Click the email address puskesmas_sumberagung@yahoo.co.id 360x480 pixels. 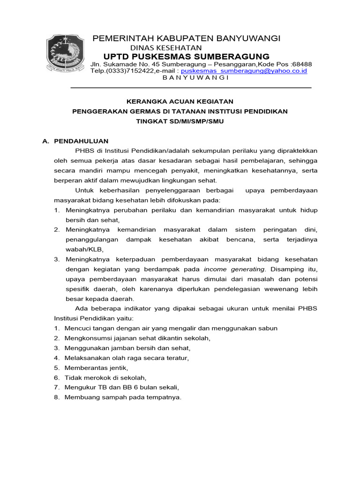coord(244,71)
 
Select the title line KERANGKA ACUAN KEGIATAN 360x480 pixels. coord(180,101)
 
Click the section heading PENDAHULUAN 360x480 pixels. coord(82,141)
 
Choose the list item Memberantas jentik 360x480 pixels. coord(96,368)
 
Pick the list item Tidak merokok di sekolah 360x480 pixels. coord(106,378)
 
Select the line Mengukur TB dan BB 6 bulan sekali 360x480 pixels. coord(122,388)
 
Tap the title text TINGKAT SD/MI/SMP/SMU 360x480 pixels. coord(180,121)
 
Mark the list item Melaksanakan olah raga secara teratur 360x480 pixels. coord(127,358)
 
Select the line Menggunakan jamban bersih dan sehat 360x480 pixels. coord(127,348)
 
